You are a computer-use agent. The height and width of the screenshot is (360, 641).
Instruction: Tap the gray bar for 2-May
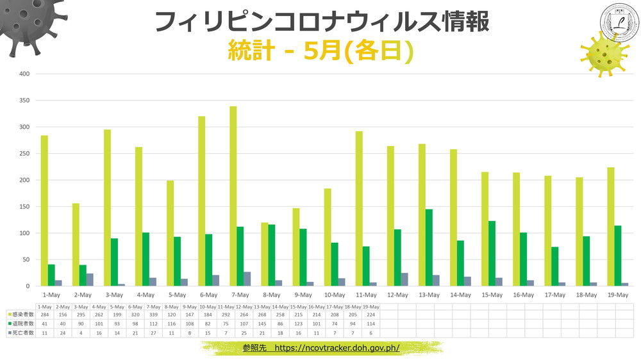coord(90,279)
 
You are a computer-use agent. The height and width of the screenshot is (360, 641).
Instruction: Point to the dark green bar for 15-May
coord(492,253)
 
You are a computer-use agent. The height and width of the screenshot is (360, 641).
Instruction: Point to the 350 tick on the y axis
coord(24,101)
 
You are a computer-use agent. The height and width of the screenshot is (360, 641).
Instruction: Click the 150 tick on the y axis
coord(24,207)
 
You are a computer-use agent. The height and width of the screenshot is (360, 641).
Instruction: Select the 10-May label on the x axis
coord(334,295)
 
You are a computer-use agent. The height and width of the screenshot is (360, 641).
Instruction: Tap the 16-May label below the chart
coord(523,295)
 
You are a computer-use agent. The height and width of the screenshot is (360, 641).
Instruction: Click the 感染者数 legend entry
coord(21,315)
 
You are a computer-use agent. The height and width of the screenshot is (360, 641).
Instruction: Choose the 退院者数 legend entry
coord(21,325)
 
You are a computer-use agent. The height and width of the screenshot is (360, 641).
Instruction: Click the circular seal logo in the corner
coord(619,22)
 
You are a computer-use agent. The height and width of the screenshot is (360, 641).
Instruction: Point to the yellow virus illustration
coord(603,54)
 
